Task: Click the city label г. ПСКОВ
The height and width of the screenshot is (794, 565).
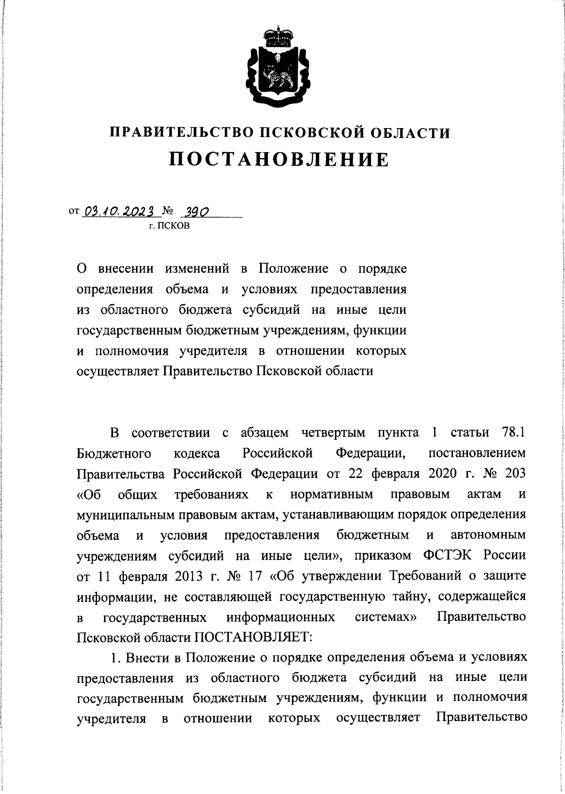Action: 169,227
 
